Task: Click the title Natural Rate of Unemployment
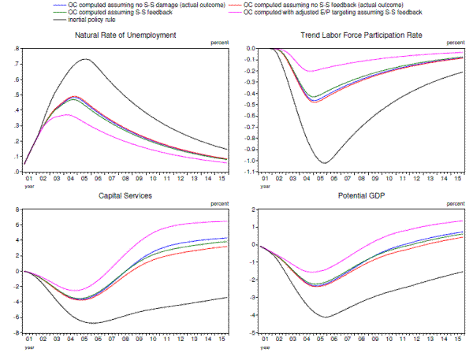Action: [x=125, y=36]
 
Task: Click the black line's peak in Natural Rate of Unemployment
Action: [x=87, y=59]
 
